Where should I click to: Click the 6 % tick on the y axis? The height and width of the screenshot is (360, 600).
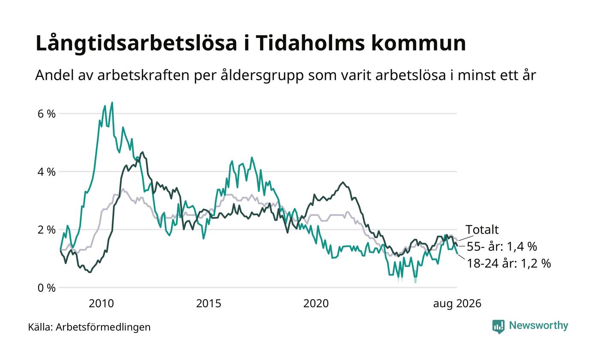(46, 114)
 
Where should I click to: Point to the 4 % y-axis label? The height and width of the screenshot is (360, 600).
(46, 172)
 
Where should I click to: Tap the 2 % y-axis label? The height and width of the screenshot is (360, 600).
(46, 230)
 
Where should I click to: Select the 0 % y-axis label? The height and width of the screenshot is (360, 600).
(46, 288)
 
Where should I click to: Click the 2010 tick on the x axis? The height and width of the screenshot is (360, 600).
(101, 303)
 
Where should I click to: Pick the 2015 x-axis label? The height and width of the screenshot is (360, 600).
(209, 303)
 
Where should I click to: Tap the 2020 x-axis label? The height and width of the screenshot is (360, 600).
(316, 303)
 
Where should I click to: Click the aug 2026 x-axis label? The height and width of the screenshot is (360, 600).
(457, 304)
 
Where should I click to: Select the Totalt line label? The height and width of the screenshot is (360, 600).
(482, 230)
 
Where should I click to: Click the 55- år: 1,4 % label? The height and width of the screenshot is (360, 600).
(502, 246)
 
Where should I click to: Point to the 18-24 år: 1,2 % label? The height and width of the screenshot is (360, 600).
(509, 263)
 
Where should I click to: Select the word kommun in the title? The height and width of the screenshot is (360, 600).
(419, 43)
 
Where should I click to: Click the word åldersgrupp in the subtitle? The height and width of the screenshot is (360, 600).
(262, 75)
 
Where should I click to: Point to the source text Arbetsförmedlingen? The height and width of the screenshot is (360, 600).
(103, 327)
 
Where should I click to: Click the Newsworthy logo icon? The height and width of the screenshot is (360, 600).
(498, 327)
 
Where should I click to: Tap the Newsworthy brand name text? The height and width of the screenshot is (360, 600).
(538, 325)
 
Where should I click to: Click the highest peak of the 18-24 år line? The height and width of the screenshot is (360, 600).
(112, 102)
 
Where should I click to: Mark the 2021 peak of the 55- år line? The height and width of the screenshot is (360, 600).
(343, 183)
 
